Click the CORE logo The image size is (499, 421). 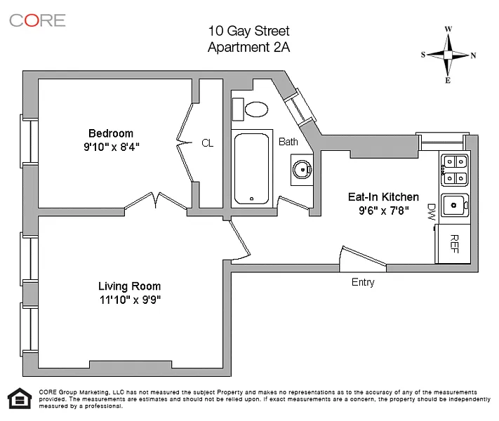(x=37, y=20)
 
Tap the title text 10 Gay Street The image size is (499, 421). (x=248, y=31)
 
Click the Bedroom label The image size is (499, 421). (x=110, y=133)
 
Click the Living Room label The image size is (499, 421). (x=129, y=286)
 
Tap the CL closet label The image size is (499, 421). (x=207, y=143)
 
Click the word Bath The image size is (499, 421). (x=288, y=142)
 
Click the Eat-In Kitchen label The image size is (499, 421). (x=383, y=197)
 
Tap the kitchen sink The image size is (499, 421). (x=455, y=206)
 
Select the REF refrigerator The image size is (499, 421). (x=454, y=243)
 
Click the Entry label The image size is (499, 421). (x=363, y=283)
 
